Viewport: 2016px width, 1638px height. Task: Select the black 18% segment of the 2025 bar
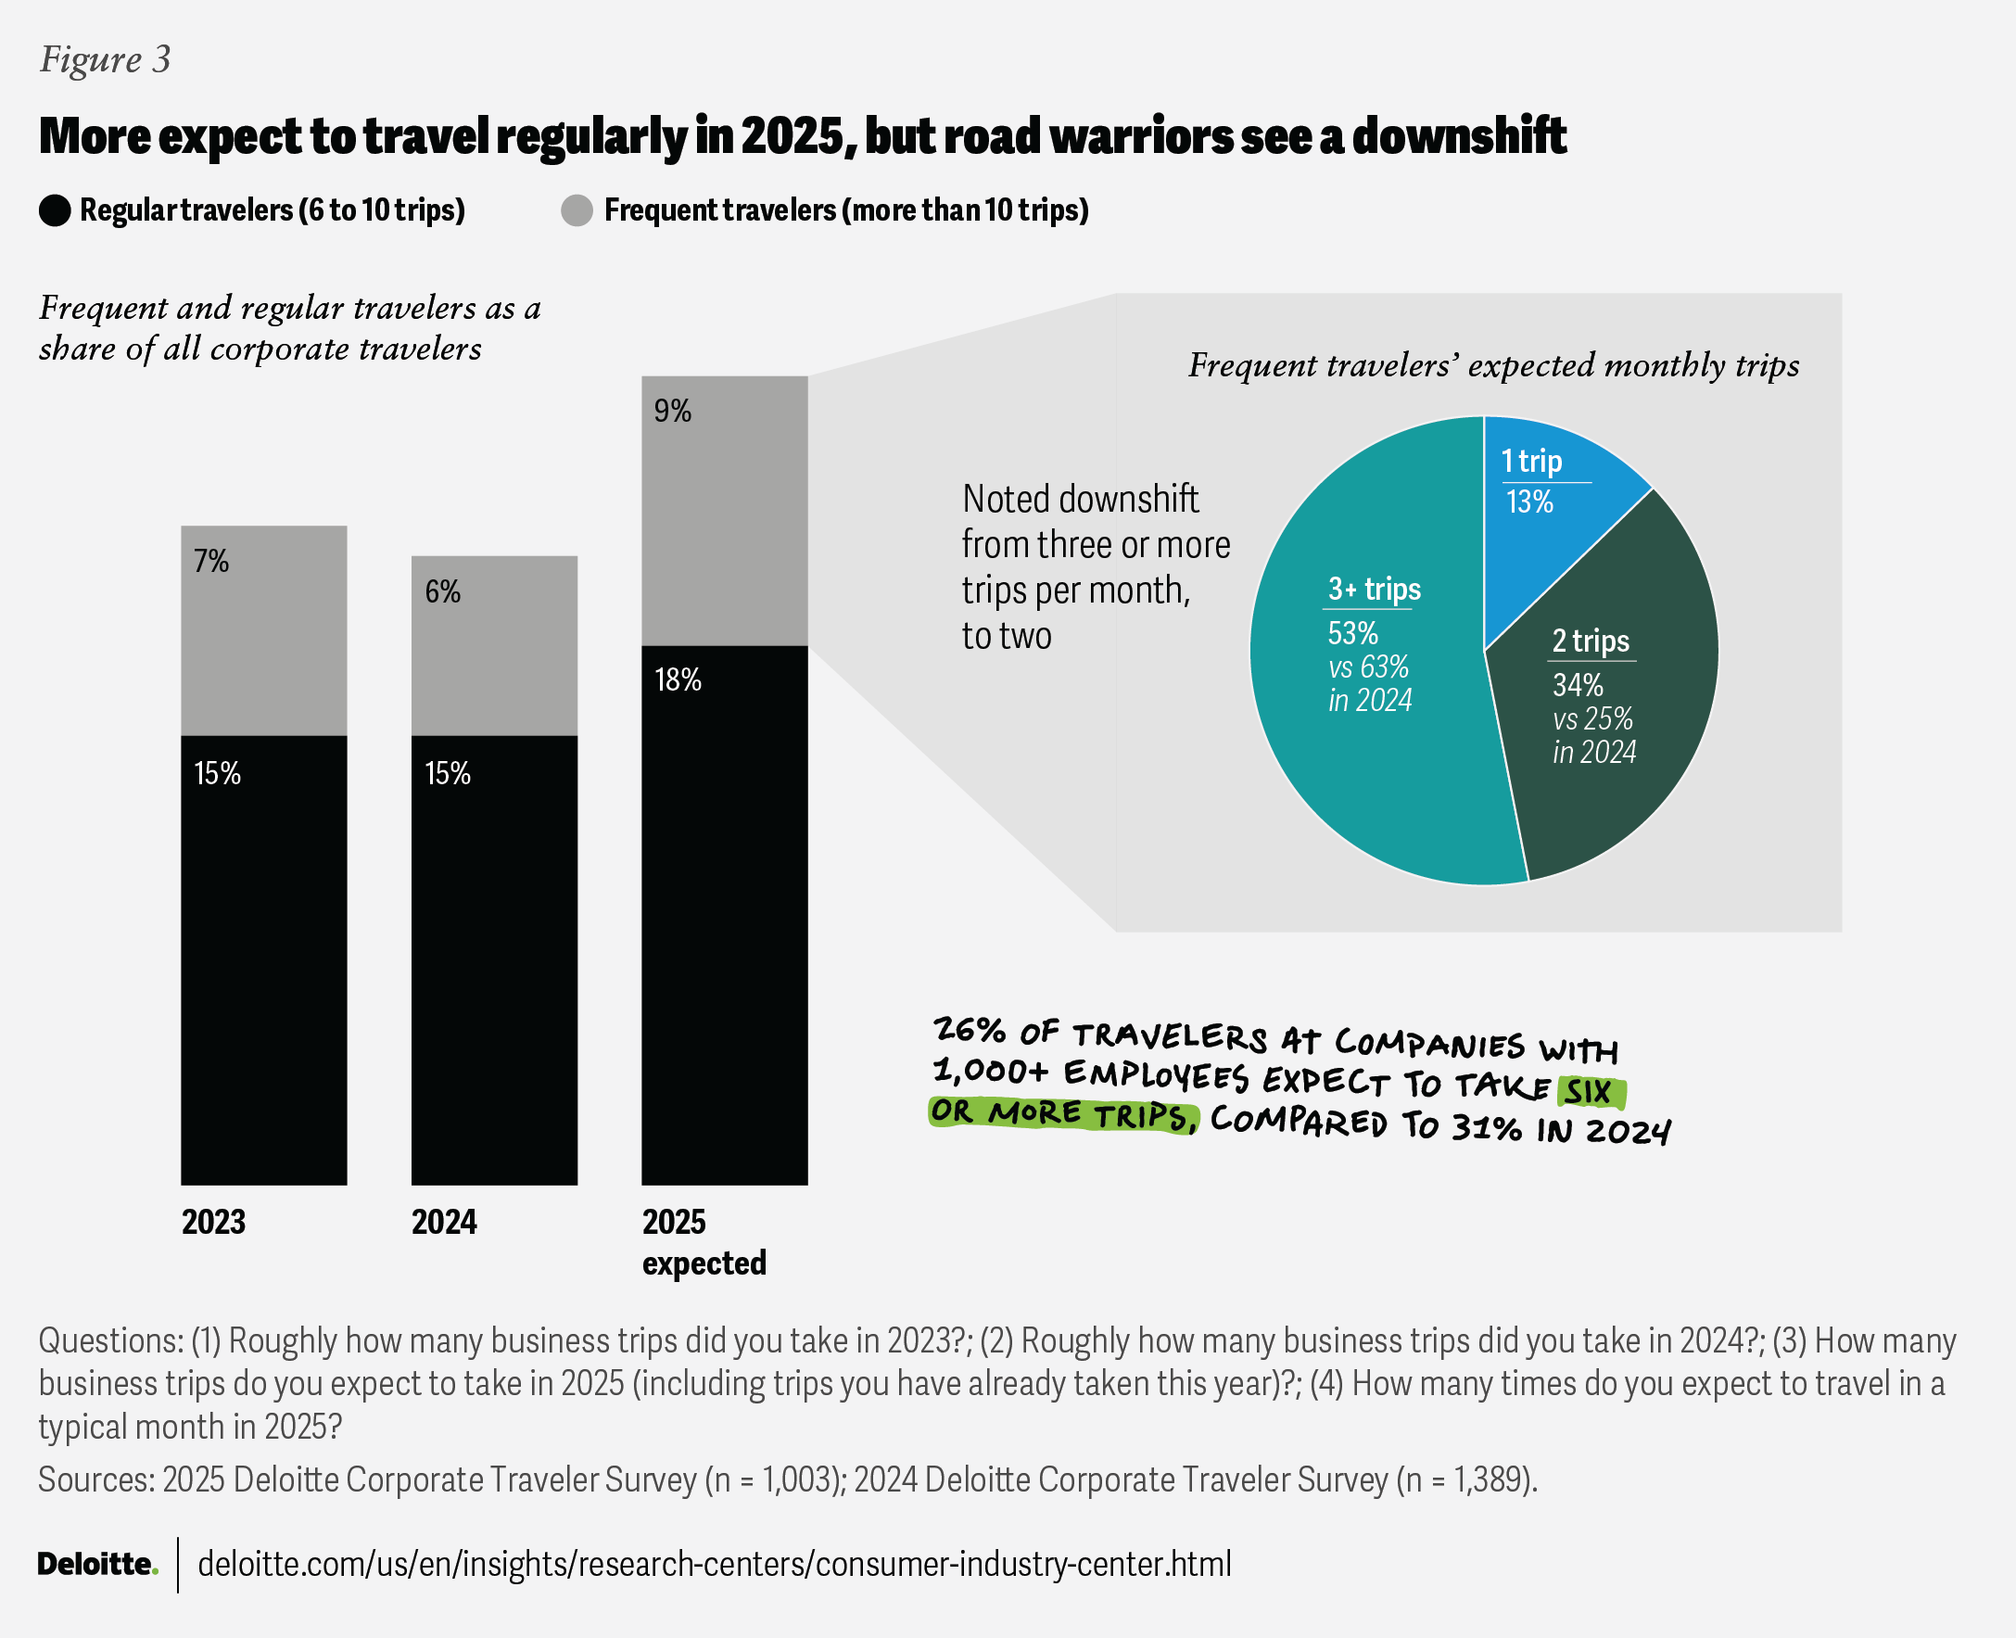click(725, 915)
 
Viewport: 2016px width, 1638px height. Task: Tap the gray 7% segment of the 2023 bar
click(264, 630)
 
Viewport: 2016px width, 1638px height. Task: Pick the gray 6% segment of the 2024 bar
click(494, 645)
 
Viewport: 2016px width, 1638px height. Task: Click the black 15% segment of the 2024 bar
click(494, 959)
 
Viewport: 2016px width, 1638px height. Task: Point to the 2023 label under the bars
click(213, 1222)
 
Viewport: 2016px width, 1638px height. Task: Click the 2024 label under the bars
click(443, 1222)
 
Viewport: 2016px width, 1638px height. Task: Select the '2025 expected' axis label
click(704, 1242)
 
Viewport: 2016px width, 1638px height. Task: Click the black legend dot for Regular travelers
click(55, 210)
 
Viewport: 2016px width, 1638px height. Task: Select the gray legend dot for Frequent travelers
click(577, 210)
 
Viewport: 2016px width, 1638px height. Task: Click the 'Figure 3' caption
click(105, 59)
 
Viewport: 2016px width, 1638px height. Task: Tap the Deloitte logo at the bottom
click(97, 1564)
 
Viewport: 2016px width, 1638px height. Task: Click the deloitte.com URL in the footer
click(714, 1564)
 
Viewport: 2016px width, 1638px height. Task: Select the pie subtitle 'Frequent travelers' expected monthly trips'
click(1493, 365)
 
